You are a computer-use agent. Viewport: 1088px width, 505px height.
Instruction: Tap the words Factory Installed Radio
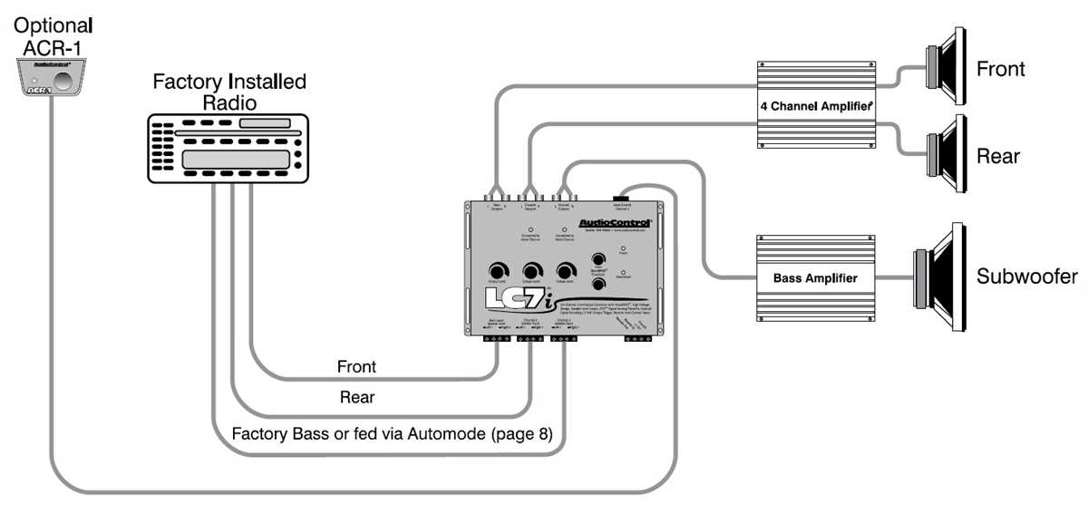pyautogui.click(x=229, y=92)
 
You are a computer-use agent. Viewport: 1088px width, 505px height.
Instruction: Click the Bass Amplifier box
pyautogui.click(x=815, y=277)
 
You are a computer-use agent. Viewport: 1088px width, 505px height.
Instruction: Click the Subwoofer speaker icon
pyautogui.click(x=937, y=276)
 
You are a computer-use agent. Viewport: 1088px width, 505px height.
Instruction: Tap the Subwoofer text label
pyautogui.click(x=1026, y=277)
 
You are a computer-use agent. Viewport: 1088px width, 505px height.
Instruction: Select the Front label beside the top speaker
pyautogui.click(x=1000, y=69)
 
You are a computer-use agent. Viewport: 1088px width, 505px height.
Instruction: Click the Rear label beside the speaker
pyautogui.click(x=997, y=156)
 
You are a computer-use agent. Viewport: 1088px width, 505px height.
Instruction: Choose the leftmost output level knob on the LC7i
pyautogui.click(x=497, y=271)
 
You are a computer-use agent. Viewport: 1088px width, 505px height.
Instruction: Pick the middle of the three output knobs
pyautogui.click(x=531, y=271)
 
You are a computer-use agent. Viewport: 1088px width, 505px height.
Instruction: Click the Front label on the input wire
pyautogui.click(x=356, y=367)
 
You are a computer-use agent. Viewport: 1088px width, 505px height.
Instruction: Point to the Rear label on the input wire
pyautogui.click(x=357, y=396)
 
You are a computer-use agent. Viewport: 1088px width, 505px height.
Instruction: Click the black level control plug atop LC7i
pyautogui.click(x=622, y=197)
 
